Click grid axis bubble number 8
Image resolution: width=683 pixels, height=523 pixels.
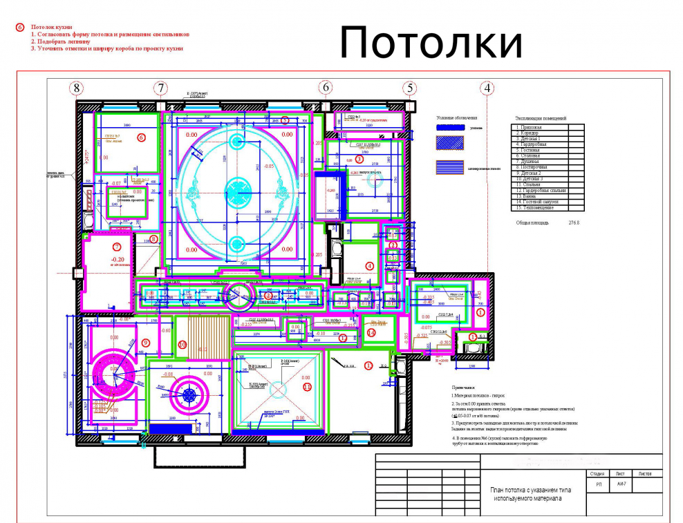[76, 88]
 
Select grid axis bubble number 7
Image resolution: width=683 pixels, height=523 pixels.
[161, 88]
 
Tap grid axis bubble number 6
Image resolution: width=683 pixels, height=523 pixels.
[325, 88]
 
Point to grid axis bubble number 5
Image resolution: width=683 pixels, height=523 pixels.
[410, 88]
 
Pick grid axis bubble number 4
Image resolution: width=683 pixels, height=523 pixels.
[488, 88]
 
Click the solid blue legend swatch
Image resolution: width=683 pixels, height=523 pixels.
[449, 128]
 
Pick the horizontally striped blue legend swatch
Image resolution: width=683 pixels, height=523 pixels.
[449, 167]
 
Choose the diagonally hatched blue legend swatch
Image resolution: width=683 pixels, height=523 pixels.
[449, 143]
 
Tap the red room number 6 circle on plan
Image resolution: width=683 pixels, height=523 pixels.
[141, 137]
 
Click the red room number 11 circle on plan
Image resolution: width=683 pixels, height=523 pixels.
[307, 388]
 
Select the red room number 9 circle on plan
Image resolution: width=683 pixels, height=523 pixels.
[145, 343]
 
